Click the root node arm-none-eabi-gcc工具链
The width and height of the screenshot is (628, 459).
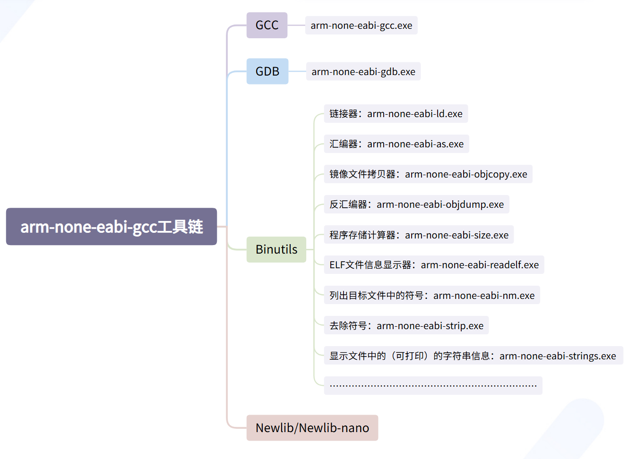[111, 227]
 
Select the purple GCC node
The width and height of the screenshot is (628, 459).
[267, 25]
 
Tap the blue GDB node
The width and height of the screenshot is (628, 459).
[267, 71]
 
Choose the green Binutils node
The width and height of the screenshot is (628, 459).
[276, 249]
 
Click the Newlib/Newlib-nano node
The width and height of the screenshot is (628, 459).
[312, 428]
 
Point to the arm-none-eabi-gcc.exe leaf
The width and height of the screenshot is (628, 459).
[361, 25]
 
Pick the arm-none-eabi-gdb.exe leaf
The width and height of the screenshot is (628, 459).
[363, 72]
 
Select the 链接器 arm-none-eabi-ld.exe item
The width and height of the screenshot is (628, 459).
[396, 114]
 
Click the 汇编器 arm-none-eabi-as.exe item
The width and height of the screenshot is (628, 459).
[396, 144]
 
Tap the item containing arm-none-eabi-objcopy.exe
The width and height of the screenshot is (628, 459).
[428, 174]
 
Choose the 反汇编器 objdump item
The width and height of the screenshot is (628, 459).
[416, 204]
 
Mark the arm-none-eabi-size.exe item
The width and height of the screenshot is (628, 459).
[419, 235]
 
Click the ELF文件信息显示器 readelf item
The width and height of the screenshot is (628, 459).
[434, 265]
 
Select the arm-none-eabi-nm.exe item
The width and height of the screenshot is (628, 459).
[432, 295]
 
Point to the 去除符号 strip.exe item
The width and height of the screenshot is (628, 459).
[406, 325]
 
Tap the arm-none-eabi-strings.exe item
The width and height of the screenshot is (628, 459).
[473, 356]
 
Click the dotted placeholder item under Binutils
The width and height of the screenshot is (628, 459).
[433, 385]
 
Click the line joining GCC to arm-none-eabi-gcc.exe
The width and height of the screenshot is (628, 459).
[296, 25]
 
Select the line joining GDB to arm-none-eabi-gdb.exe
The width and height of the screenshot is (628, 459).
[297, 71]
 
